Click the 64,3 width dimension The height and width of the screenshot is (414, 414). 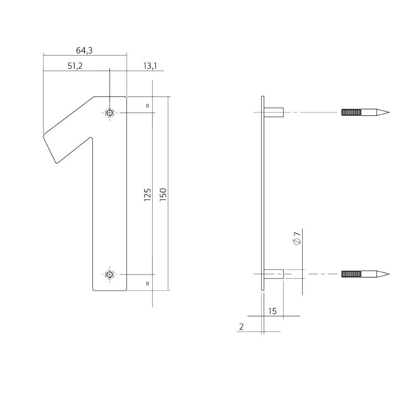84,51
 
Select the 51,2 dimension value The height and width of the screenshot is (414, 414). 75,66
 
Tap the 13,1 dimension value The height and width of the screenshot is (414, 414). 149,66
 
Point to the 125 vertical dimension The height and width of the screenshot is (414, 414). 147,195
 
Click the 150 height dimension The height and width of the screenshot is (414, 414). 163,195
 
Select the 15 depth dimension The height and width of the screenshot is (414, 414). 272,311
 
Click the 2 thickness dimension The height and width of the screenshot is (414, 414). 241,327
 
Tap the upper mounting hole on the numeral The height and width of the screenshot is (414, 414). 110,113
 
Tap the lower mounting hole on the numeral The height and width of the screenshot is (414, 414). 110,274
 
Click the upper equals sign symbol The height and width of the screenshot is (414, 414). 147,106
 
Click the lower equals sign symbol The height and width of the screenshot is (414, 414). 147,284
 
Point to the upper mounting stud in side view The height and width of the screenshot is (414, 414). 274,112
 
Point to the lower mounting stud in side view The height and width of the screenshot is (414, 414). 274,274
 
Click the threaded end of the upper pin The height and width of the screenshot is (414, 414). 351,112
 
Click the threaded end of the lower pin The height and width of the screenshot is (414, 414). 351,274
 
